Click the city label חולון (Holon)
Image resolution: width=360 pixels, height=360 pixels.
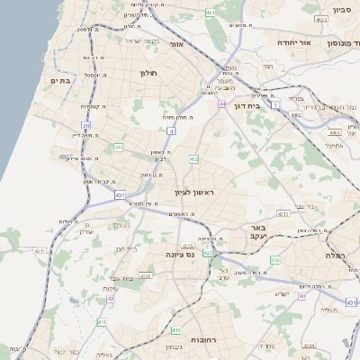point(148,72)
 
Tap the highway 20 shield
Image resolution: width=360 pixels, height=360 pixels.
point(86,126)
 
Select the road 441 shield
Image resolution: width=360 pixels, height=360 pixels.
point(118,147)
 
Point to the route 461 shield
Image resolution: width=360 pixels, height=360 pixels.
point(210,13)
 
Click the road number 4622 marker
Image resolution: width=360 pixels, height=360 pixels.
point(320,18)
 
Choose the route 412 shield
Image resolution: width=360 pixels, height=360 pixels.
point(193,159)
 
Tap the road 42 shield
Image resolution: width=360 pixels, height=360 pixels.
point(110,297)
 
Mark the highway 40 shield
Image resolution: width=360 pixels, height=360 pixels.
point(302,295)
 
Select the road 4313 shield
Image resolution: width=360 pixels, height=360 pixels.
point(283,215)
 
